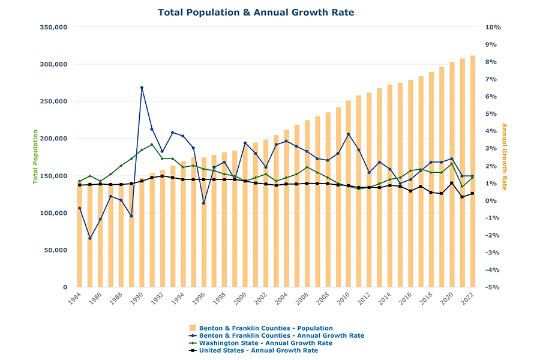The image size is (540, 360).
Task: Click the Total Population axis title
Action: pyautogui.click(x=35, y=157)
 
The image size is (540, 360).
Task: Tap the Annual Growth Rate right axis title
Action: pyautogui.click(x=504, y=157)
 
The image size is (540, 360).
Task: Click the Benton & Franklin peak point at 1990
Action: pyautogui.click(x=142, y=88)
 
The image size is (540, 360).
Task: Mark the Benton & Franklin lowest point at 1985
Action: pyautogui.click(x=90, y=238)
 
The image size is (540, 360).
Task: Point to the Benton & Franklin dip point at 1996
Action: pyautogui.click(x=203, y=203)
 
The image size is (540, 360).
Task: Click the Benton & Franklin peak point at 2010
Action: pyautogui.click(x=348, y=134)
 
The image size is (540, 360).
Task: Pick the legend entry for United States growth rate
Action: pyautogui.click(x=258, y=350)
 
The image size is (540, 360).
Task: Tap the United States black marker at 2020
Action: pyautogui.click(x=451, y=184)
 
